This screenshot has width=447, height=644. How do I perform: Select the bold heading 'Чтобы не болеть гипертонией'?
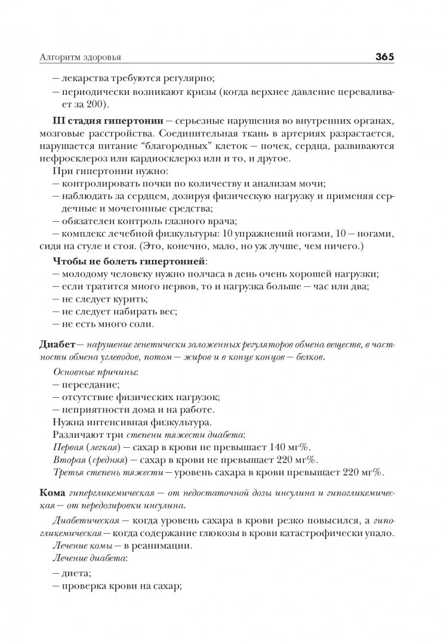(x=130, y=261)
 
